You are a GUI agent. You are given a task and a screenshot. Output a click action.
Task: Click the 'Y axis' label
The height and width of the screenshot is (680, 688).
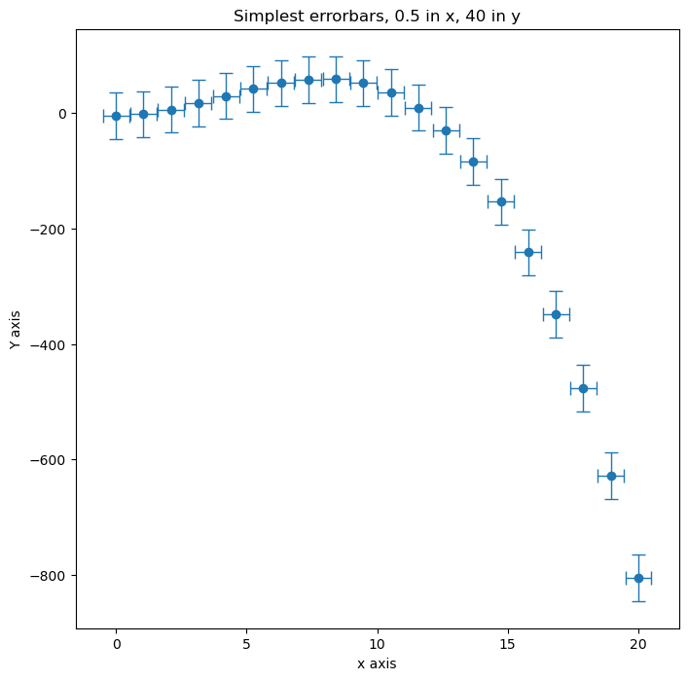point(16,330)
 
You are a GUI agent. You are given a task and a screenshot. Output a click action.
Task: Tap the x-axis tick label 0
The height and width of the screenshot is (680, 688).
point(116,643)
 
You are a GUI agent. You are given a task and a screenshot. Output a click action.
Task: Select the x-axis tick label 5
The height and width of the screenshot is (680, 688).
point(246,643)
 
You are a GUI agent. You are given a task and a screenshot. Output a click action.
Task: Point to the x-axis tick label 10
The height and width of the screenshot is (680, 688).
point(377,643)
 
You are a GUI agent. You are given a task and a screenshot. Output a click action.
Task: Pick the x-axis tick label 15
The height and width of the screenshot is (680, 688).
point(508,643)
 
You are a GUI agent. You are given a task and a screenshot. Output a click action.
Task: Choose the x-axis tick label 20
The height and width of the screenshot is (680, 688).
point(638,643)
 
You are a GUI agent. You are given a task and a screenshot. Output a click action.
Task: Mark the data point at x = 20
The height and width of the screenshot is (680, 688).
point(638,578)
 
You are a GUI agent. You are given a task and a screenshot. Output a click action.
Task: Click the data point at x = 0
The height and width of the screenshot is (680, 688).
point(116,116)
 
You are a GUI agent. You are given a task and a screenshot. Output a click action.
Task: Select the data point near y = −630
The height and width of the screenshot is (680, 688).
point(611,476)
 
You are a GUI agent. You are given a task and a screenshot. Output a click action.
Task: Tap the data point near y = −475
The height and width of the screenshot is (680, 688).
point(584,388)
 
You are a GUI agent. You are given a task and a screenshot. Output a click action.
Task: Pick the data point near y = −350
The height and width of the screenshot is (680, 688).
point(556,314)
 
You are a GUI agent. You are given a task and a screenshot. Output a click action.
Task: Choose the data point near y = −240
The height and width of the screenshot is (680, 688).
point(528,252)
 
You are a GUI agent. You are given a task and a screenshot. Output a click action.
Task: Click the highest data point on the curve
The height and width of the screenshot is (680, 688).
point(336,79)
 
